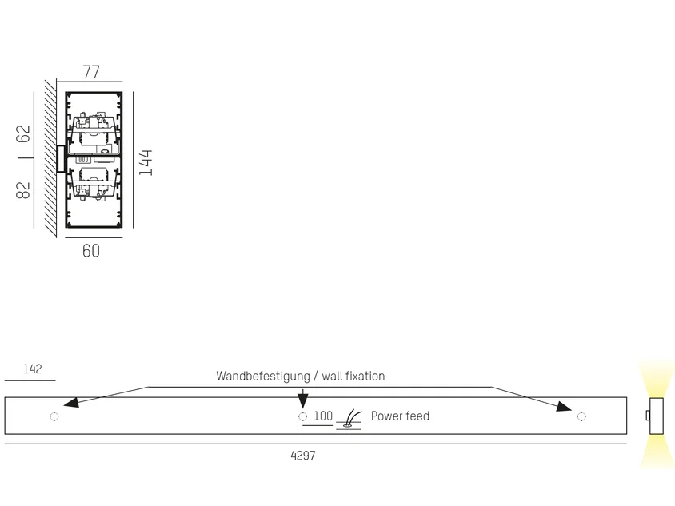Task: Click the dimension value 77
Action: pos(91,71)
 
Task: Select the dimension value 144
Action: pos(146,162)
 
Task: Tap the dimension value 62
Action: pos(23,133)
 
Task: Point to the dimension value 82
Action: pos(23,190)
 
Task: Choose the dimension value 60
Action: pos(91,251)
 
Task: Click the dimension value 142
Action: pos(32,369)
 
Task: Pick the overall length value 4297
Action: pos(303,456)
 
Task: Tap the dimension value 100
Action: pos(323,416)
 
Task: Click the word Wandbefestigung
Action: pos(263,376)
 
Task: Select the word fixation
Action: pos(364,376)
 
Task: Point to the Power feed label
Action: pos(400,416)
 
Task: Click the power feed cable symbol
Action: pos(349,419)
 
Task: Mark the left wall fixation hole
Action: pos(54,416)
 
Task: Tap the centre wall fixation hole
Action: pos(302,416)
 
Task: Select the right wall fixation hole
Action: pos(581,416)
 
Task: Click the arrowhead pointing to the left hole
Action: pos(71,403)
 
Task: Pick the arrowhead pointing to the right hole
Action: pos(565,406)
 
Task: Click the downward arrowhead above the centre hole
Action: pos(303,401)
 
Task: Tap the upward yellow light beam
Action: pos(656,379)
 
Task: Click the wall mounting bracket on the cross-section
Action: pos(61,159)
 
